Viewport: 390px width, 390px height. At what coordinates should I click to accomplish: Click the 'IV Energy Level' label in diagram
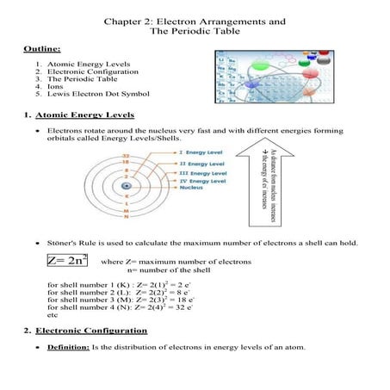(x=207, y=182)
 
